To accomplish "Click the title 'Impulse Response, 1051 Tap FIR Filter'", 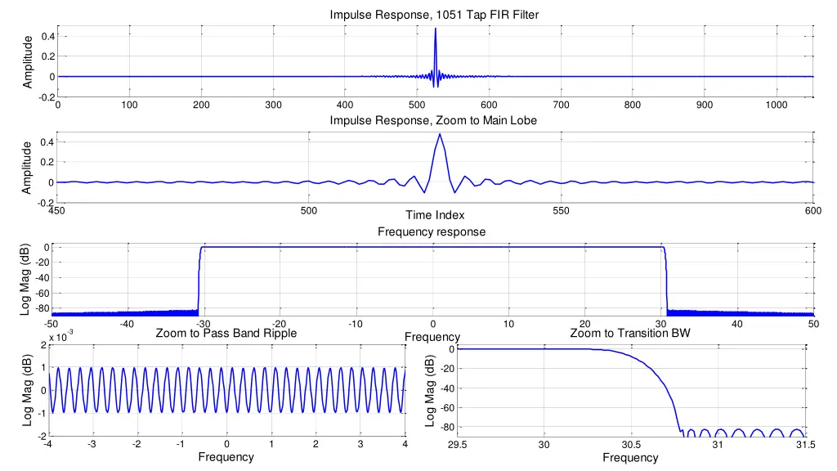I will (434, 15).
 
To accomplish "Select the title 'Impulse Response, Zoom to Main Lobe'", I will (434, 121).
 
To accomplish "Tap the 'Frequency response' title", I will (432, 232).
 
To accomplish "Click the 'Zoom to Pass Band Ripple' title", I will (226, 333).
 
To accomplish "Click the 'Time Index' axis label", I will (435, 215).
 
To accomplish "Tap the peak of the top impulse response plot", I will (435, 29).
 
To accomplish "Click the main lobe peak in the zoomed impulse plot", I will (440, 134).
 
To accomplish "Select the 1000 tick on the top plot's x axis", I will (777, 105).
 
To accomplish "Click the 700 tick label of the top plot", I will (561, 105).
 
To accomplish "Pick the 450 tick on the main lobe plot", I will (57, 211).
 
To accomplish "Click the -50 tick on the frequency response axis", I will (51, 325).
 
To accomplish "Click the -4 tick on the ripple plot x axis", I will (48, 444).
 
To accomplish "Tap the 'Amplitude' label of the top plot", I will (28, 61).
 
